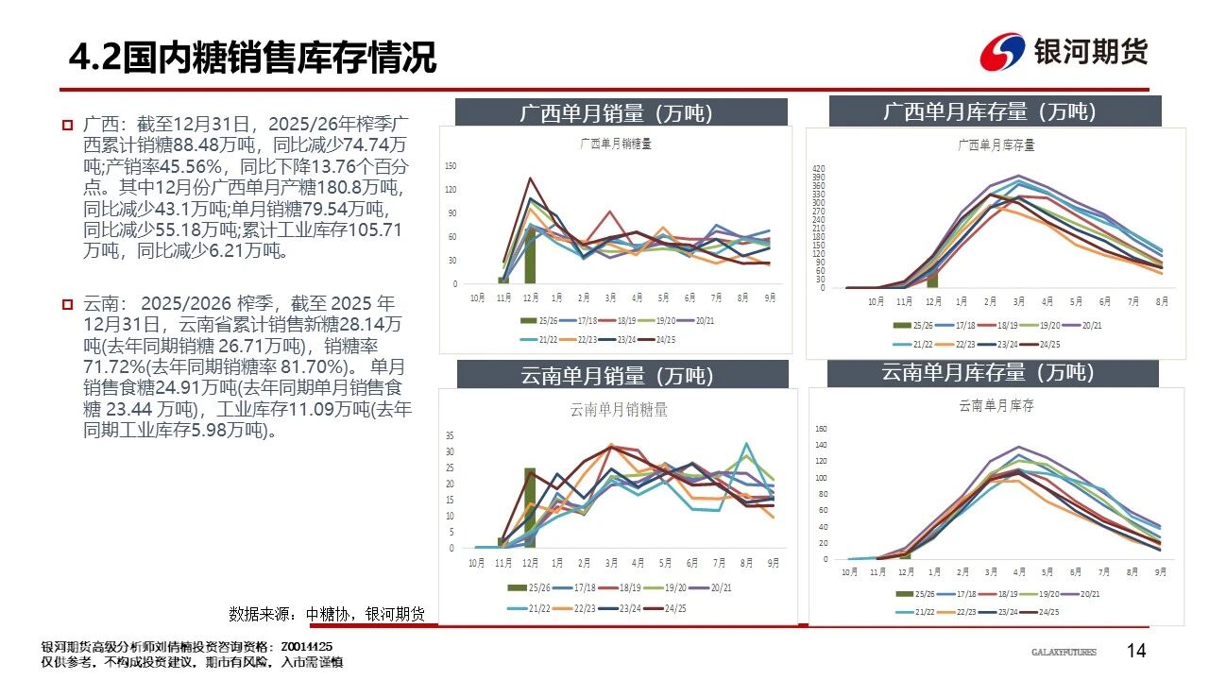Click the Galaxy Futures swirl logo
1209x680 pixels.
tap(1002, 52)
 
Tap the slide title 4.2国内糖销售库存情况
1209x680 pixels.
tap(252, 58)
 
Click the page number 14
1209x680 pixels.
tap(1136, 650)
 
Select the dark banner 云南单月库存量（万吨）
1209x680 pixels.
tap(988, 372)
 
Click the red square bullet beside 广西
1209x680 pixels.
tap(67, 125)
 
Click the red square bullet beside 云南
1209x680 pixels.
tap(67, 304)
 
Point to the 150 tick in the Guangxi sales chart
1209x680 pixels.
tap(451, 166)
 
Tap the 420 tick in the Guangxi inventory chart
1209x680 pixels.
tap(819, 168)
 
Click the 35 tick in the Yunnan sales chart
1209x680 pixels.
tap(450, 436)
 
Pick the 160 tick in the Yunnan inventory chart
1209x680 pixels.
tap(820, 429)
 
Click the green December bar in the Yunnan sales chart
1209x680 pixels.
tap(530, 507)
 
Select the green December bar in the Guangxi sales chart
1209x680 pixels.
tap(530, 255)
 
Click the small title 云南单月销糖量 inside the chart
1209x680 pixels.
tap(619, 410)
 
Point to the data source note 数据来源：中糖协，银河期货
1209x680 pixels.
tap(327, 614)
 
